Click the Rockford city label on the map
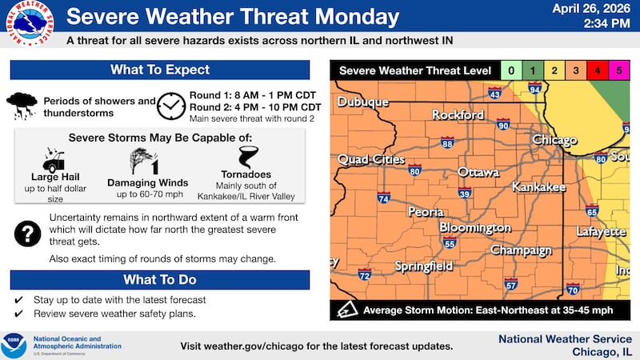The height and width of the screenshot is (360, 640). (x=458, y=115)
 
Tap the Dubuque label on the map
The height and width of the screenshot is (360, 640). (x=362, y=102)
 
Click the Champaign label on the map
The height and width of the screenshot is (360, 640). (x=521, y=250)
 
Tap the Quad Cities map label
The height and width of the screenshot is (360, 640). (x=371, y=159)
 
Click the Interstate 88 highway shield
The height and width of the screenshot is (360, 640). (x=447, y=143)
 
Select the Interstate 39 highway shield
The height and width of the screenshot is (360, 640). (x=465, y=193)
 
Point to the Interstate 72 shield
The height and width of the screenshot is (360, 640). (x=364, y=275)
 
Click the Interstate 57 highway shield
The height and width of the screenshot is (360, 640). (x=511, y=283)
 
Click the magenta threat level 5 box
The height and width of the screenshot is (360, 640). (x=618, y=71)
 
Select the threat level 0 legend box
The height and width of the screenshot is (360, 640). (x=512, y=71)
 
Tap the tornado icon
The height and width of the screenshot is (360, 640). (x=244, y=156)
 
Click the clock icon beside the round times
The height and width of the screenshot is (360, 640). (x=170, y=104)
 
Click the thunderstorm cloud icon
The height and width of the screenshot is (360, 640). (x=22, y=104)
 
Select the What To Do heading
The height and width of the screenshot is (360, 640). (x=160, y=280)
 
